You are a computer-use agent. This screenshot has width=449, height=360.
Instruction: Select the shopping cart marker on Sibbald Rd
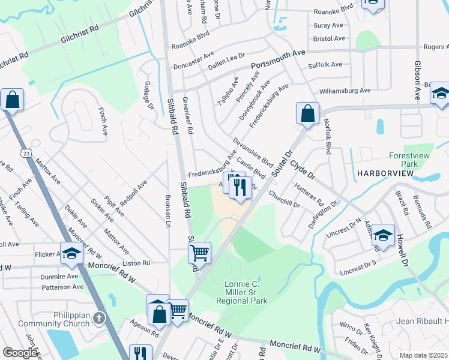199,252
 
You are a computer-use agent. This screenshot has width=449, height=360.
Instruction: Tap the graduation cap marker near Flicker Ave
71,253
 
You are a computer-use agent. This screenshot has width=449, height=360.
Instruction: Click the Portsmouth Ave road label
279,59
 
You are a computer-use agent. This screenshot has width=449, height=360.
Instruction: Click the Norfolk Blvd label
328,136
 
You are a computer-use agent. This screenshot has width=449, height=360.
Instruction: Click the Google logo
20,352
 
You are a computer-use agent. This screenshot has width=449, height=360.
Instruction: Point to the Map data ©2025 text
423,355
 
